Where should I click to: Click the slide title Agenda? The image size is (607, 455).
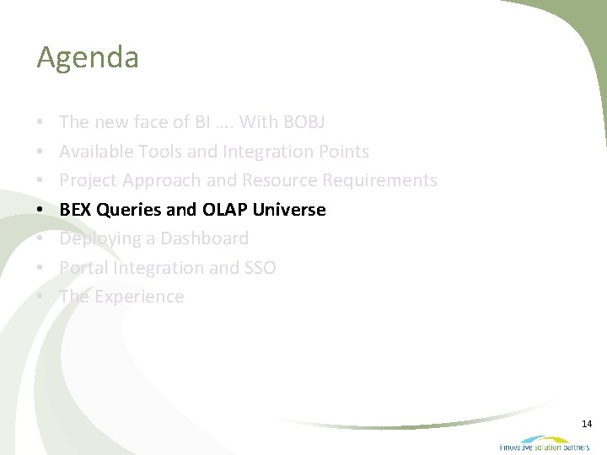click(x=88, y=58)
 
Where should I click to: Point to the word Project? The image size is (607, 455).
click(x=88, y=180)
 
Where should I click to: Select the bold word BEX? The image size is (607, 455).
click(x=75, y=210)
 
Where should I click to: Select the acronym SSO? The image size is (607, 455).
click(x=260, y=268)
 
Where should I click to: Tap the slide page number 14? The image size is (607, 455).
click(x=587, y=423)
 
